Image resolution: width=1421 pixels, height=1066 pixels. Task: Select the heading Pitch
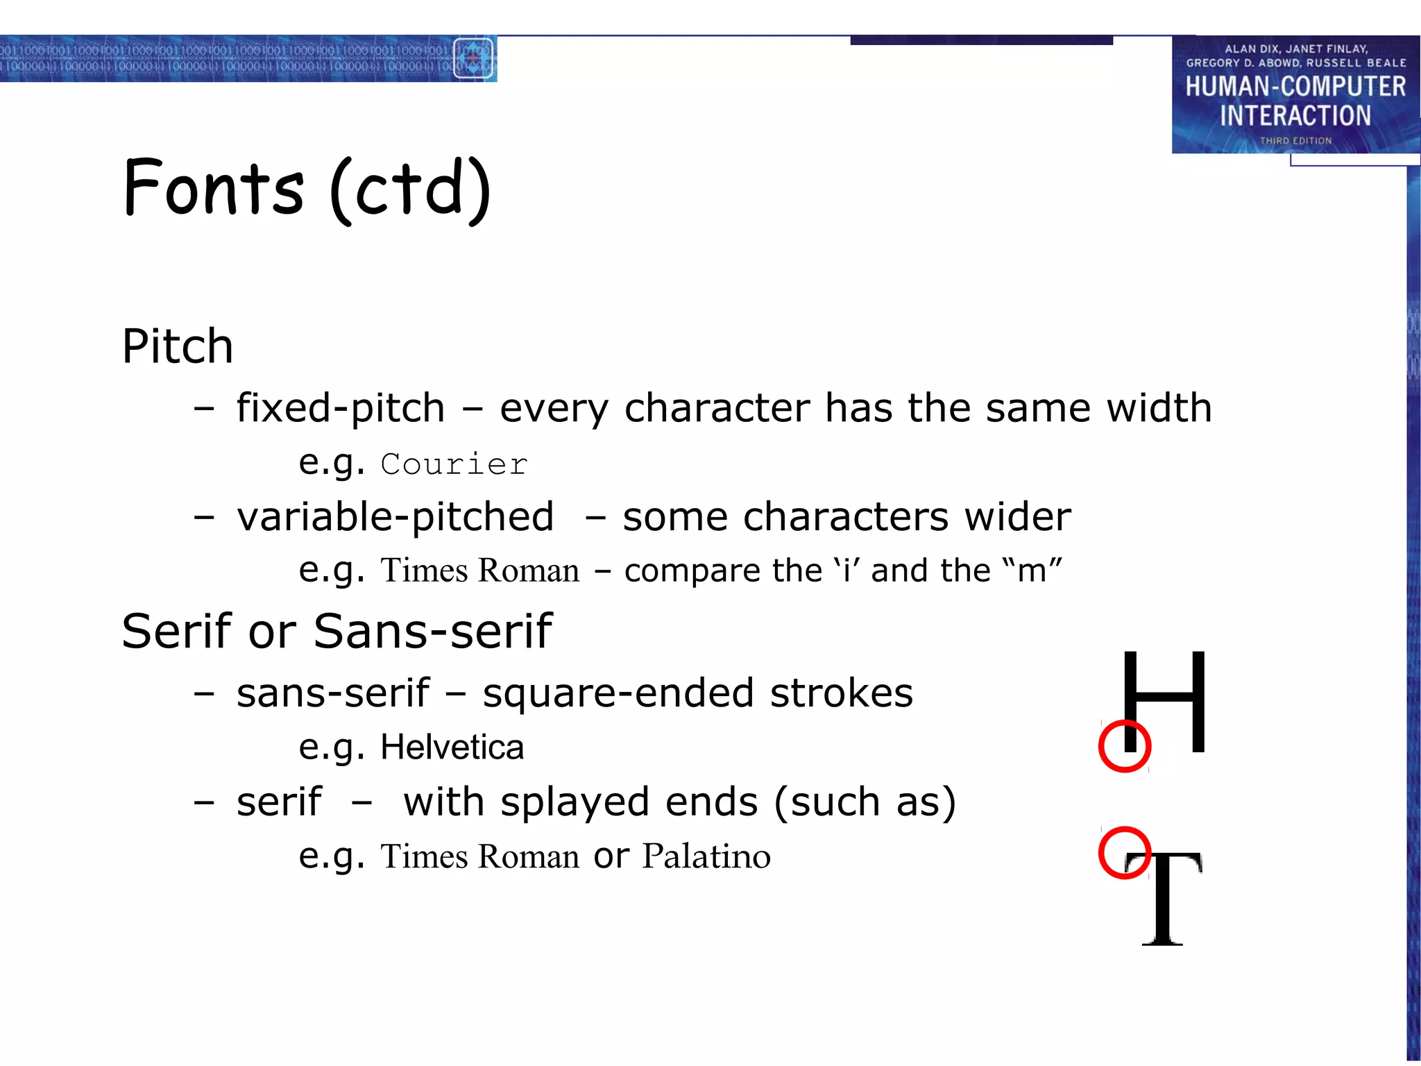(178, 346)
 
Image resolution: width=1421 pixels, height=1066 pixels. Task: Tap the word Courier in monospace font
(454, 464)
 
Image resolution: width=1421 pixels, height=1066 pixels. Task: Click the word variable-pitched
(395, 517)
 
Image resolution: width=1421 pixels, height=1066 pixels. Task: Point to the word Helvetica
(452, 747)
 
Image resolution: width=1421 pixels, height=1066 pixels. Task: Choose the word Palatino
(706, 856)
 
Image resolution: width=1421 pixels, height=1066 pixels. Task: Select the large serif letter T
(1166, 899)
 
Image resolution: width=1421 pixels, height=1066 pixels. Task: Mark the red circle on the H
(1125, 746)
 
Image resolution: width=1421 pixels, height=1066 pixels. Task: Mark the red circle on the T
(1125, 852)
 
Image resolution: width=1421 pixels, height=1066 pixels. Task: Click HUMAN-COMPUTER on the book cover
(1295, 87)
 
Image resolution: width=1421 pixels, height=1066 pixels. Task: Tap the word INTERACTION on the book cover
(1295, 116)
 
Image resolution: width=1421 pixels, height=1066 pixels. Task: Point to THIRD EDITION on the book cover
(1295, 141)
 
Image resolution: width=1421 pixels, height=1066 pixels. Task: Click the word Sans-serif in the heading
(432, 632)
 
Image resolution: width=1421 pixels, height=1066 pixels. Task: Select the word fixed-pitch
(340, 408)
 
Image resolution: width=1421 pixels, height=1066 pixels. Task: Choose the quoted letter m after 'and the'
(1032, 571)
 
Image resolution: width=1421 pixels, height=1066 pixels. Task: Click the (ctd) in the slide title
(410, 189)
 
